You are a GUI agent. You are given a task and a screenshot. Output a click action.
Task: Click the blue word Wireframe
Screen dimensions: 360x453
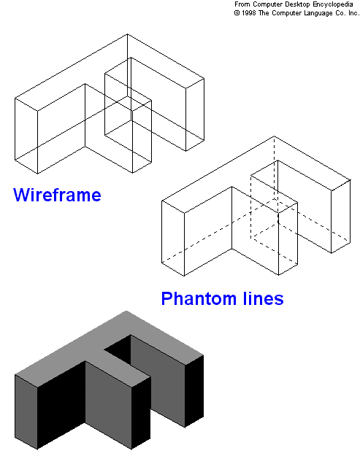click(x=57, y=195)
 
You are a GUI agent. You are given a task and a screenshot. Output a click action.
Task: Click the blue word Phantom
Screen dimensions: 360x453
click(x=199, y=298)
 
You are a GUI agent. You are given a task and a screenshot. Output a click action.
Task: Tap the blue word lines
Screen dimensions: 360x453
click(x=263, y=298)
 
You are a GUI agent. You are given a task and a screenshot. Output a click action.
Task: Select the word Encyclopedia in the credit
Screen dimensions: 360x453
click(x=333, y=4)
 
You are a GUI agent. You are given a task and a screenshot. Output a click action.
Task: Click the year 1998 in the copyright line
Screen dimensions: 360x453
click(x=249, y=13)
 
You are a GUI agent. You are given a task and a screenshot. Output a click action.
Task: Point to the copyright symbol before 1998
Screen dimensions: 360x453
click(x=237, y=13)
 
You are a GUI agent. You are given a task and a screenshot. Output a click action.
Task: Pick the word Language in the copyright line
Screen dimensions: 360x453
click(x=318, y=14)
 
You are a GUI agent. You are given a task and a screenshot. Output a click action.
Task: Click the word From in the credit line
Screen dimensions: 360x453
click(x=242, y=4)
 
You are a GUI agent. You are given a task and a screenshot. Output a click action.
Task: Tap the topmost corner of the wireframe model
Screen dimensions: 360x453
click(x=127, y=34)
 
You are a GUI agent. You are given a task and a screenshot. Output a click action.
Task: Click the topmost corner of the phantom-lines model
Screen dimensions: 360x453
click(x=274, y=136)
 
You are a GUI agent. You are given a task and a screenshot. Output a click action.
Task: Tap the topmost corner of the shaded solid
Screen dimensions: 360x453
click(x=126, y=311)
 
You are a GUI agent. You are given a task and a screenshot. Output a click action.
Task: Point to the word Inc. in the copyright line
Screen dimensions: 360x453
click(x=354, y=13)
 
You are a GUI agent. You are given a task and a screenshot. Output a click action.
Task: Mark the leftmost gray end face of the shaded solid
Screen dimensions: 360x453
click(x=26, y=412)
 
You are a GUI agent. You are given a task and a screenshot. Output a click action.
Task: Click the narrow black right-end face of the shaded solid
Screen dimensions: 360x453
click(x=194, y=391)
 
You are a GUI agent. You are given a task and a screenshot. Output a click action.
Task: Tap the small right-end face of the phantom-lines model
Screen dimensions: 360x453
click(x=340, y=217)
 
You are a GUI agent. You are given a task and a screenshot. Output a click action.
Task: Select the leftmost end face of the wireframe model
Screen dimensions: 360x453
click(x=26, y=136)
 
